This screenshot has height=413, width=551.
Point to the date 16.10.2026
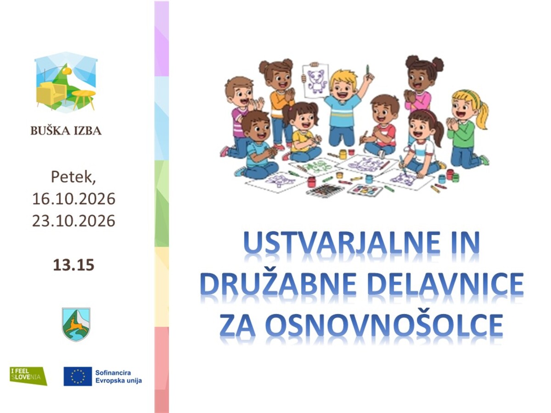click(x=73, y=199)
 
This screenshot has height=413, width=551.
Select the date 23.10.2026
click(x=73, y=221)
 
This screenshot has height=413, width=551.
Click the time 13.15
click(x=73, y=265)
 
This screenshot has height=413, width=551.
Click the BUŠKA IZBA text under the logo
click(x=66, y=130)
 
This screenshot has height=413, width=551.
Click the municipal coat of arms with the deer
click(x=76, y=324)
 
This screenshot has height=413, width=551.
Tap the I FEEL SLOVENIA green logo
click(x=28, y=376)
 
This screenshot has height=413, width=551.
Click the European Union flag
click(x=78, y=376)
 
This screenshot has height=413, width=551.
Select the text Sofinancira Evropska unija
click(x=118, y=376)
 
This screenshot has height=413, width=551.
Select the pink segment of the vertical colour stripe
click(x=162, y=370)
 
